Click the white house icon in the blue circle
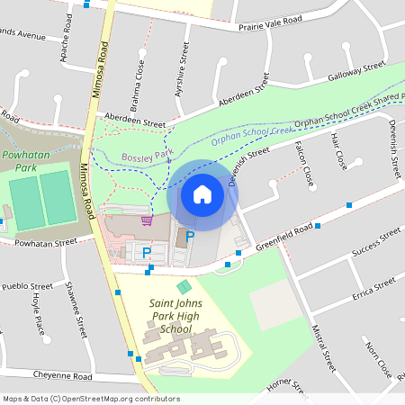pos(202,193)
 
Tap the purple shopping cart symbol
pos(147,220)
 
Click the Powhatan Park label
pos(25,160)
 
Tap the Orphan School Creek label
pos(252,135)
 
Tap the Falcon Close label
pos(303,162)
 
